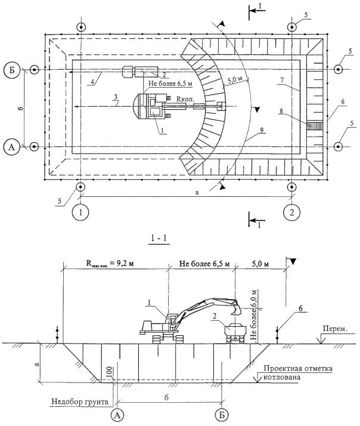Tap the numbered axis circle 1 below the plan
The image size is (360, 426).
click(82, 212)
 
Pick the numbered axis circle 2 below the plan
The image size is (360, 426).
click(291, 212)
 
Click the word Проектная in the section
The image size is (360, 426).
click(281, 368)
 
